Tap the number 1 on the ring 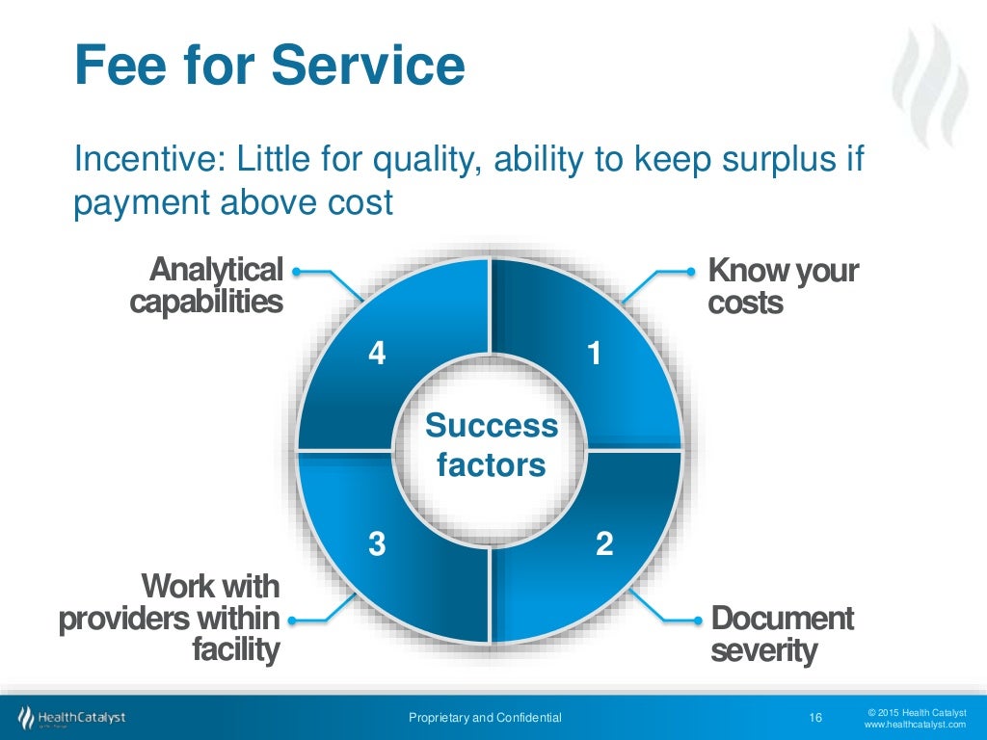coord(595,355)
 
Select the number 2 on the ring coord(604,544)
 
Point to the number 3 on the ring coord(378,544)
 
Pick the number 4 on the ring coord(378,355)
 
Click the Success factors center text coord(492,446)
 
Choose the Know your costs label coord(782,286)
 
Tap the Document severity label coord(782,634)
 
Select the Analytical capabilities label coord(206,286)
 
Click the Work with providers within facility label coord(170,618)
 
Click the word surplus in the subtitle coord(777,160)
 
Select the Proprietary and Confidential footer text coord(485,717)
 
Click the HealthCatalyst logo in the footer coord(71,718)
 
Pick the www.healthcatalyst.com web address coord(915,725)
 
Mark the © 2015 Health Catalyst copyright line coord(916,711)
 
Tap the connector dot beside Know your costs coord(690,272)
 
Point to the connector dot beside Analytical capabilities coord(296,272)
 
